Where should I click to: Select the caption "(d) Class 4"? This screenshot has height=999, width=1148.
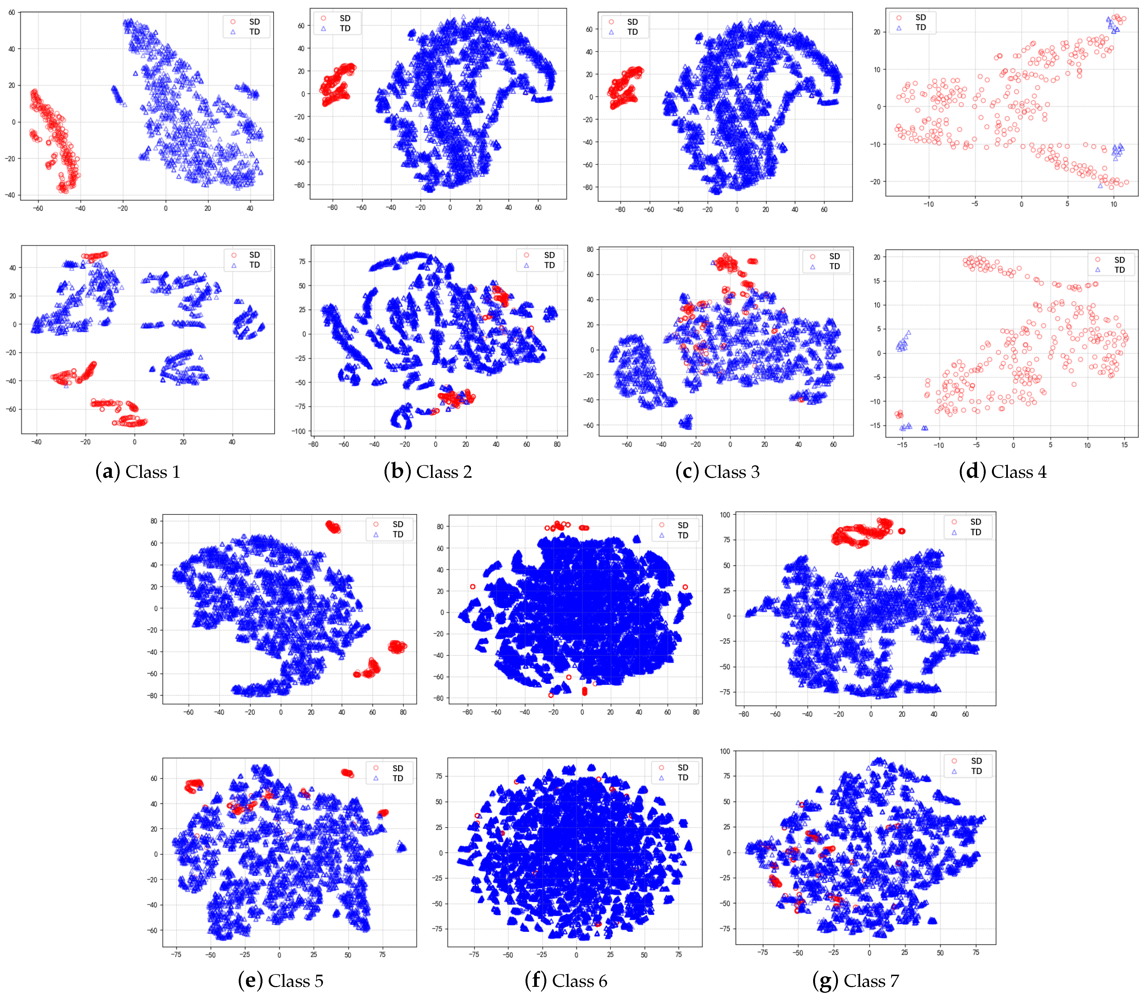(x=1002, y=472)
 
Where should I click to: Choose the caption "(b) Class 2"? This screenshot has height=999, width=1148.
(x=428, y=472)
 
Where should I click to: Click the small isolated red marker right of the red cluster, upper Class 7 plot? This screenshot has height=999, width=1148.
(x=901, y=531)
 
